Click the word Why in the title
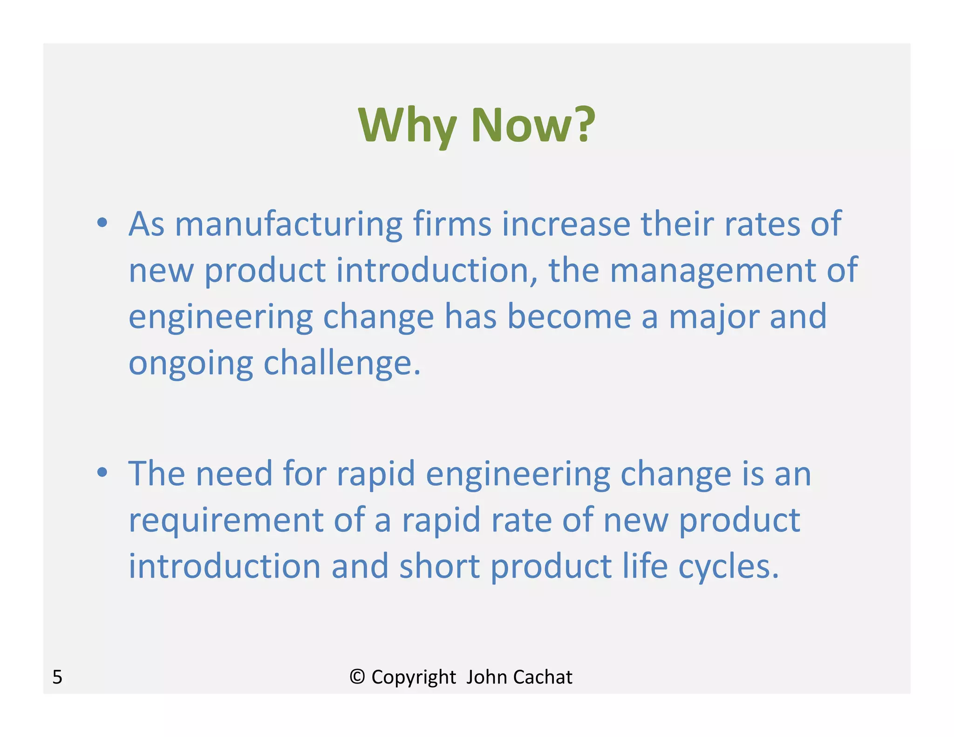(x=407, y=125)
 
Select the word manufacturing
(x=288, y=224)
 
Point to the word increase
(x=566, y=224)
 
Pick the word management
(x=713, y=271)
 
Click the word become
(x=569, y=316)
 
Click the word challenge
(x=342, y=363)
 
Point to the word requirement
(x=225, y=521)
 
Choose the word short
(x=439, y=566)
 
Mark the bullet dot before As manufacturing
(x=102, y=223)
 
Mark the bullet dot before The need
(x=102, y=473)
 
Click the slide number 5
(x=57, y=677)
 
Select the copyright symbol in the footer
(x=357, y=676)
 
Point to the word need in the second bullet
(x=233, y=473)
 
